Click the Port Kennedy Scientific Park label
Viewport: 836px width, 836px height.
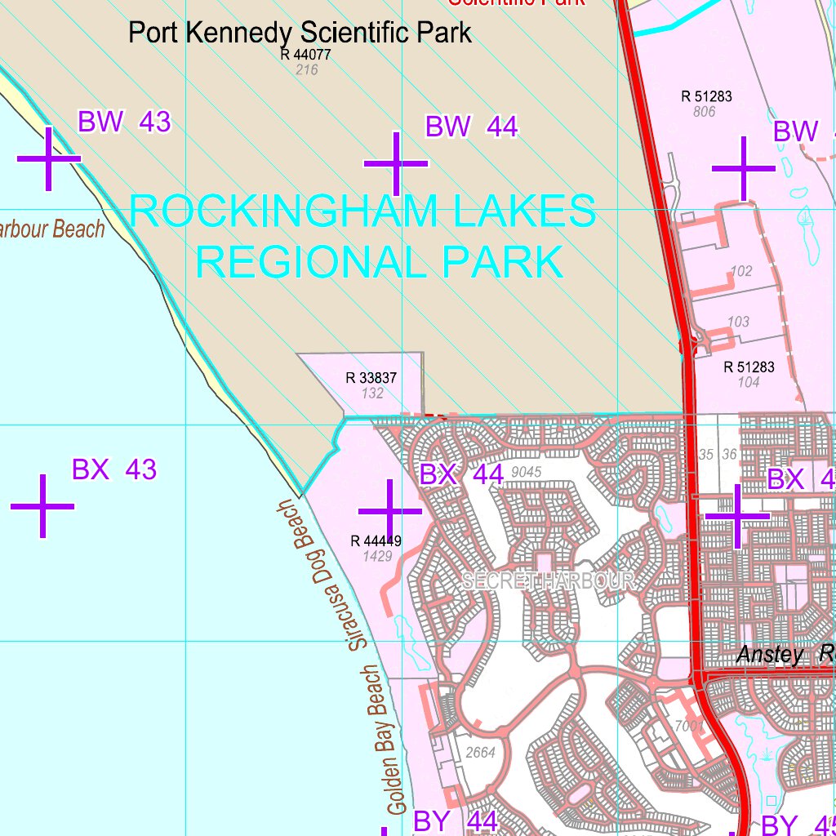coord(300,33)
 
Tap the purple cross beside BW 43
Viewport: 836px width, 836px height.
coord(48,158)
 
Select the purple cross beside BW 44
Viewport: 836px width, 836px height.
coord(396,164)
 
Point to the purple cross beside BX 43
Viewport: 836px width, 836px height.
coord(42,506)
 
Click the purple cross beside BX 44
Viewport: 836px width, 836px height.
coord(390,511)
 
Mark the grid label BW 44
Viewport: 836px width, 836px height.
coord(472,127)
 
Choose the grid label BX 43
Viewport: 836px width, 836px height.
coord(114,470)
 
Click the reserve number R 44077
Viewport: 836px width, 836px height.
coord(305,55)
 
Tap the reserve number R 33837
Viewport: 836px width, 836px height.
coord(371,378)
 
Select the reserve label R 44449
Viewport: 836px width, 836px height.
coord(376,540)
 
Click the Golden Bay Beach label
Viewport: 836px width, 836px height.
coord(384,740)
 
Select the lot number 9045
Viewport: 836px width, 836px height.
coord(526,472)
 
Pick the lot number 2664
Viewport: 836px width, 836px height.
coord(479,753)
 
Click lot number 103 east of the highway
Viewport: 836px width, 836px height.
coord(738,322)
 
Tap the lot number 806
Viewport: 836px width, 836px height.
coord(704,112)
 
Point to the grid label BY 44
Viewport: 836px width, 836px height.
coord(455,821)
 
